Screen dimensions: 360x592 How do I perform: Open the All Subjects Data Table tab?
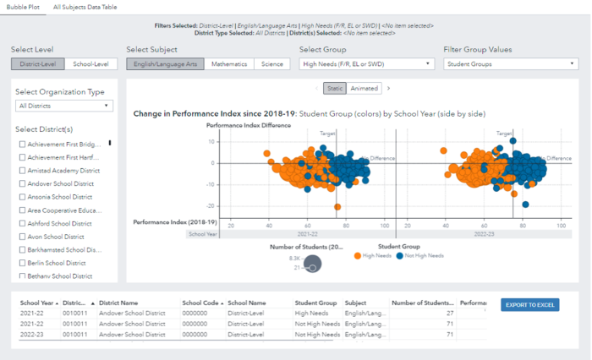[85, 6]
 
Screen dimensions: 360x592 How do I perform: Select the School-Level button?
[90, 64]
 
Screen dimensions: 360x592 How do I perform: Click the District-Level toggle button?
[38, 64]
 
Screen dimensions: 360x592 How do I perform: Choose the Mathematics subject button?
[229, 64]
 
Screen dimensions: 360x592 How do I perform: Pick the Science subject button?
[271, 64]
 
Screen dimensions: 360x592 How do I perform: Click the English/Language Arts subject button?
[165, 64]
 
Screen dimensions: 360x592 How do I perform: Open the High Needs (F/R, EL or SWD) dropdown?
[367, 64]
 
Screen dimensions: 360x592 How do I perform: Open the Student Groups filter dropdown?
[511, 64]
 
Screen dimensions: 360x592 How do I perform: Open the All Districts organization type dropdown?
[64, 106]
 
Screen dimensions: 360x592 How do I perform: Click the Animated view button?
[365, 88]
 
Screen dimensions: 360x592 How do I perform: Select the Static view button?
[334, 88]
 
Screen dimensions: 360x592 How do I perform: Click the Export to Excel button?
[529, 305]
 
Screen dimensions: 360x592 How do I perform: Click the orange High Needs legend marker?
[359, 255]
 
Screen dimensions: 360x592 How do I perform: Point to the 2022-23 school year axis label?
[484, 234]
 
